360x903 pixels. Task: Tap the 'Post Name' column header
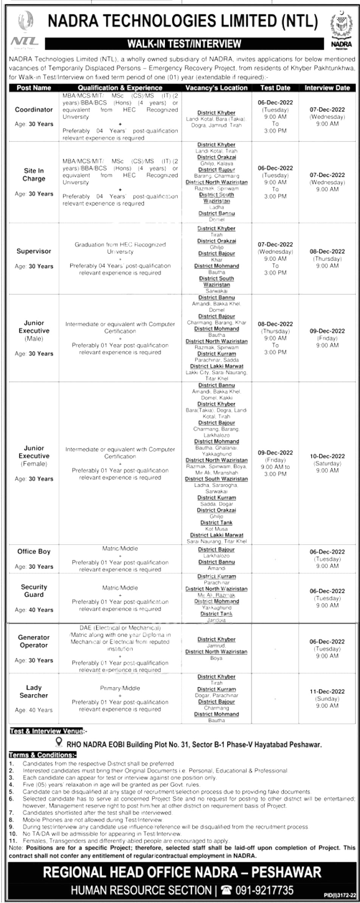34,88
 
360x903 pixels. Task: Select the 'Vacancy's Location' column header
216,88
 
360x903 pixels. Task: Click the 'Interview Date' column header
327,88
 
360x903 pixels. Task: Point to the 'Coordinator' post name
34,110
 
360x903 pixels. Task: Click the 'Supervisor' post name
34,251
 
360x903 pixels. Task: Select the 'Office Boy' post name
34,551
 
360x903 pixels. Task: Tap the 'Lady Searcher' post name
34,691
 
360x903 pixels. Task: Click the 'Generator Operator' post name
34,641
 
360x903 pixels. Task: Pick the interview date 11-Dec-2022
327,691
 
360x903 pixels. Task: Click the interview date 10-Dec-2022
327,456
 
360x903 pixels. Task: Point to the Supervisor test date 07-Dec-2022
275,245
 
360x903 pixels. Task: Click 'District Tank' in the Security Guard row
216,614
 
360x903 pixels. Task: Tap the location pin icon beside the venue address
59,742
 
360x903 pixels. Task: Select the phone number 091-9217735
264,890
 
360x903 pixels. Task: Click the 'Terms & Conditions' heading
43,755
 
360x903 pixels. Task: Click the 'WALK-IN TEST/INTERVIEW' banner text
184,44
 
